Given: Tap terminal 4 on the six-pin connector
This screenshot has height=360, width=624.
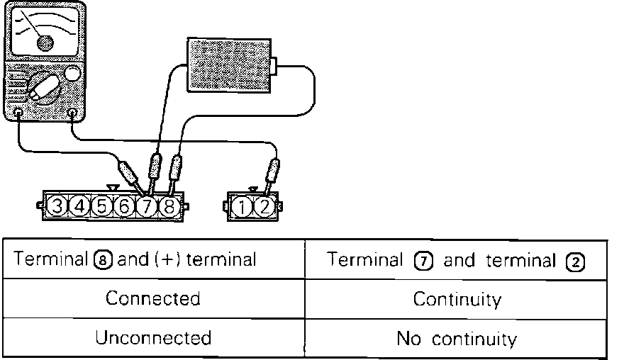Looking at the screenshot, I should click(x=80, y=207).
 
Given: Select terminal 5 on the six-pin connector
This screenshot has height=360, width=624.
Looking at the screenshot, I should click(x=102, y=207).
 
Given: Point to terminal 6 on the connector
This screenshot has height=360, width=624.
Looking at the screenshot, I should click(x=124, y=207).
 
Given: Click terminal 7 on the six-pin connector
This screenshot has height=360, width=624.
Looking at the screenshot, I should click(x=147, y=207).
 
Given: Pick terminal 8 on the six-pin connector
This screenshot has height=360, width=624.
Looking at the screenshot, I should click(x=169, y=207).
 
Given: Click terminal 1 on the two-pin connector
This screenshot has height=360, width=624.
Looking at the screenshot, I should click(x=242, y=208).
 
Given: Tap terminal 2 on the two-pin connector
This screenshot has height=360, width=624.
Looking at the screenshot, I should click(x=263, y=208).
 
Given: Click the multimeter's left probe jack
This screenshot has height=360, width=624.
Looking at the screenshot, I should click(x=18, y=113).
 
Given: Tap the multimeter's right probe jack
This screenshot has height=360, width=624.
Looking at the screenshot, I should click(x=72, y=113).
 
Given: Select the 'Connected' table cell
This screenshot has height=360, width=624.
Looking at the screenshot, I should click(x=152, y=298).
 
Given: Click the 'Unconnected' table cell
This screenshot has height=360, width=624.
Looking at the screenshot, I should click(x=152, y=337).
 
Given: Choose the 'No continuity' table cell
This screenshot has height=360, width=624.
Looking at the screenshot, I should click(x=457, y=339).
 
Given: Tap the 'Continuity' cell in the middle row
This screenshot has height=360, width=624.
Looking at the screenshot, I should click(x=457, y=299).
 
